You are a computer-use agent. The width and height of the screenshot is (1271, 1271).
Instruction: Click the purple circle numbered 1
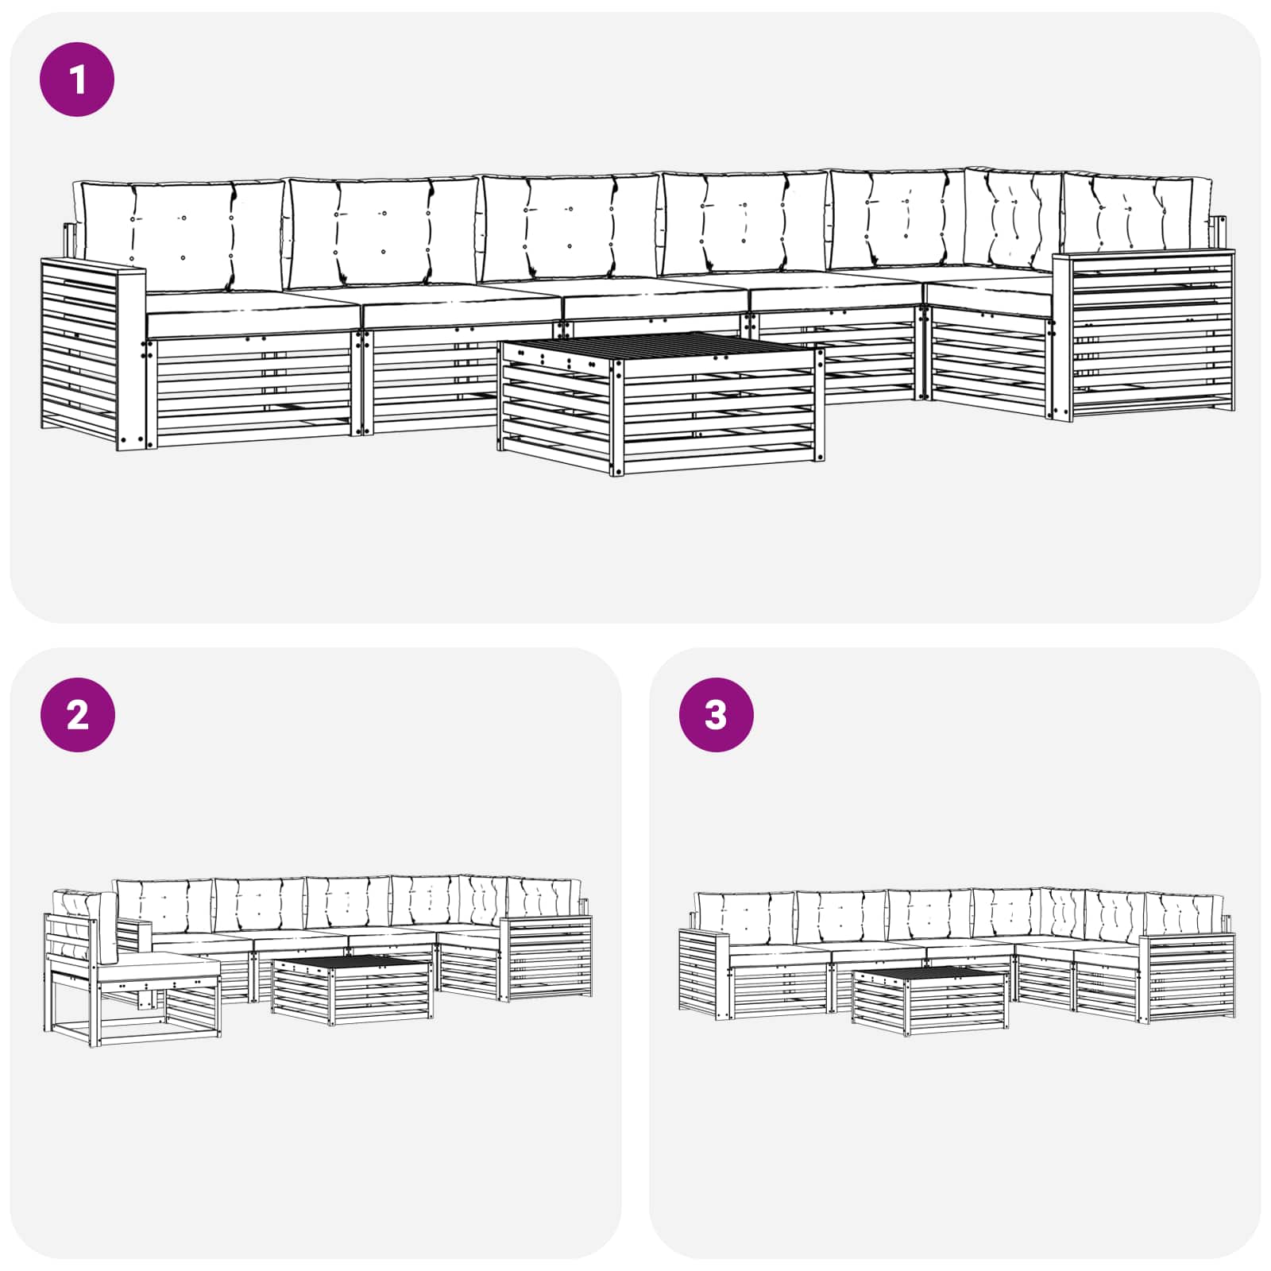tap(77, 80)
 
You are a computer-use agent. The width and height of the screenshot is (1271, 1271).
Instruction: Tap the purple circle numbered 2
tap(77, 715)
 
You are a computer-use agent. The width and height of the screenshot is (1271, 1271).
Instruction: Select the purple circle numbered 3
tap(716, 715)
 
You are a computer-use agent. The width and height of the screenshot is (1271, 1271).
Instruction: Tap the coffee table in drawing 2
tap(353, 989)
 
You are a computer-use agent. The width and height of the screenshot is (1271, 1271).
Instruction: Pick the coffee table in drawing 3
tap(929, 1001)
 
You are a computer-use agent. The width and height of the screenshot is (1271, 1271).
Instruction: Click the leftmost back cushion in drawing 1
tap(181, 234)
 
